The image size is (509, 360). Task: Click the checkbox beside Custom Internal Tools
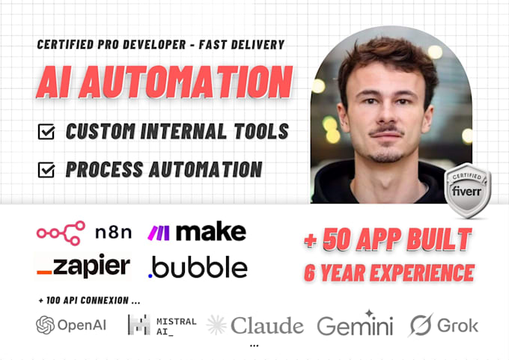[46, 133]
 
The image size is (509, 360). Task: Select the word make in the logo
[210, 231]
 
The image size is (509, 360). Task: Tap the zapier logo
[83, 266]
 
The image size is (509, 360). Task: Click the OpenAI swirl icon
[46, 325]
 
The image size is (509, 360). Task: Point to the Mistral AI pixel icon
[138, 325]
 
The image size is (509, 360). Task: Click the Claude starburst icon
[217, 325]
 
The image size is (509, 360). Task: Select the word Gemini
[355, 326]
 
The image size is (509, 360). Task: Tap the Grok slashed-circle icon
[420, 325]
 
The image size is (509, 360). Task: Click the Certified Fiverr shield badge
[468, 189]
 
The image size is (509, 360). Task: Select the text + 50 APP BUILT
[387, 240]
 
